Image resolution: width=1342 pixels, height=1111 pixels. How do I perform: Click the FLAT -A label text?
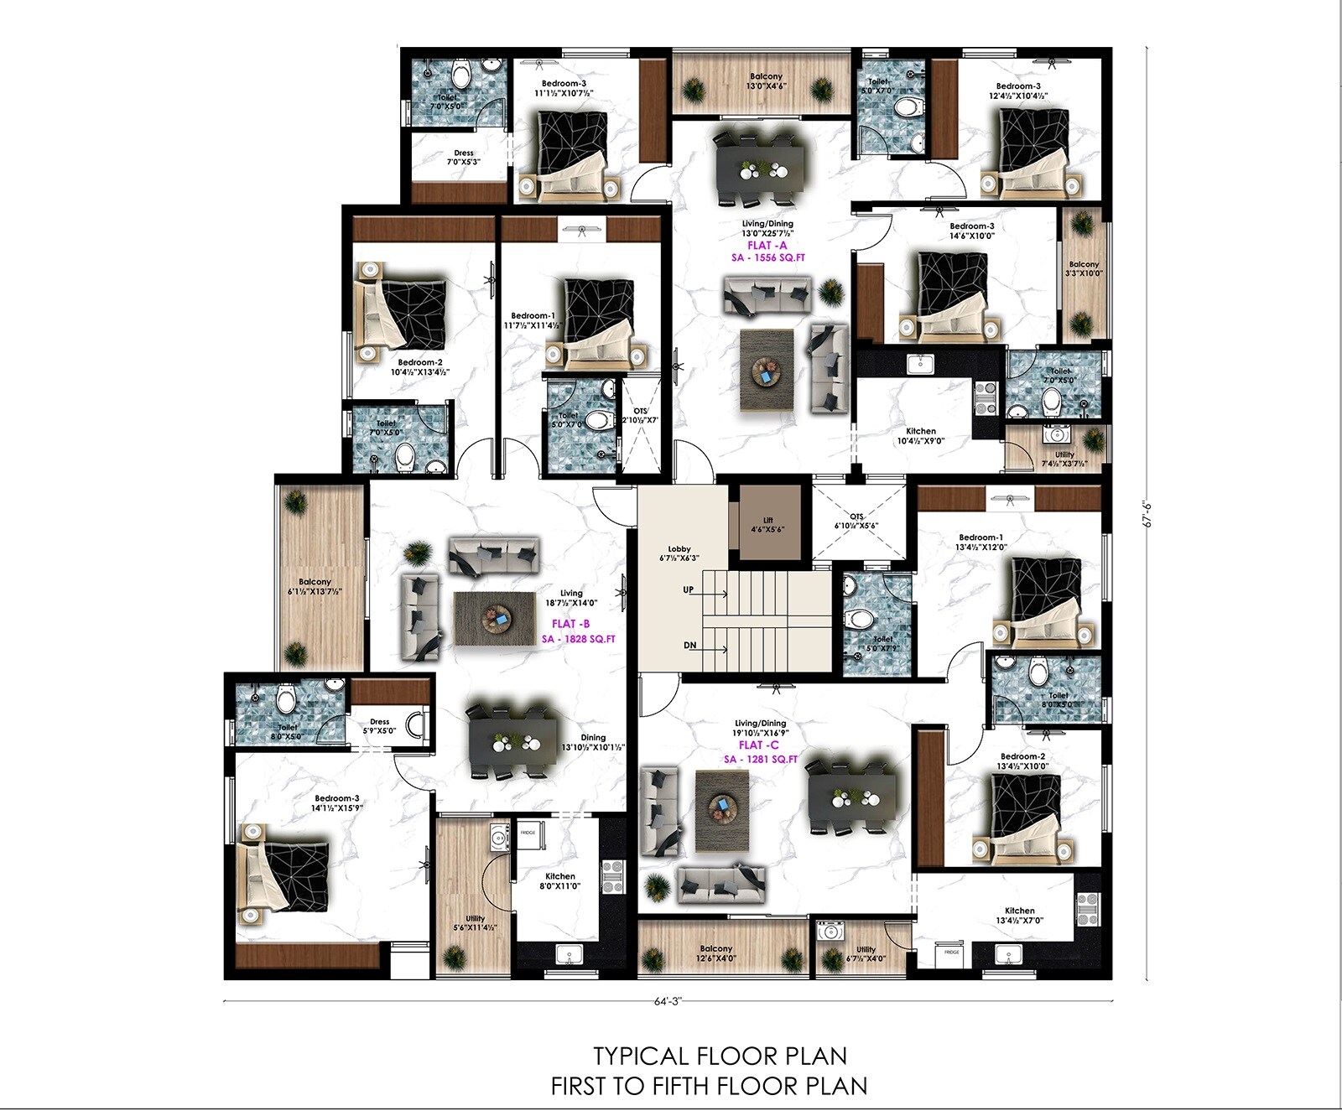(767, 246)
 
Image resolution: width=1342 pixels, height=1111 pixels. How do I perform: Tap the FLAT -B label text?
(570, 624)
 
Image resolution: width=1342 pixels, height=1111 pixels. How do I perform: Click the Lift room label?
(768, 525)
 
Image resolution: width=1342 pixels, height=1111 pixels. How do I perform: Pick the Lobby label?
(679, 553)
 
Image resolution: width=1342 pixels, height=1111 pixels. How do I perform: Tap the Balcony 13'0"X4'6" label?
(766, 81)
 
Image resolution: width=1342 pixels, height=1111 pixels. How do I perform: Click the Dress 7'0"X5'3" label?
(463, 158)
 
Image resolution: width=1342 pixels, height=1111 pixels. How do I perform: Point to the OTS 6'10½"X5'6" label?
(856, 522)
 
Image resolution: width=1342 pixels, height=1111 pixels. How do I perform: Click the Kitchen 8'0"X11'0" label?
(559, 881)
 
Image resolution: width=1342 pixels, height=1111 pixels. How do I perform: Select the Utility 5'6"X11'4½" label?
(475, 923)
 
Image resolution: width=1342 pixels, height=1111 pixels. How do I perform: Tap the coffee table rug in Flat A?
(766, 370)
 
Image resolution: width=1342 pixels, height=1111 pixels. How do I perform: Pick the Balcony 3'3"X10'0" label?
(1083, 268)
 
